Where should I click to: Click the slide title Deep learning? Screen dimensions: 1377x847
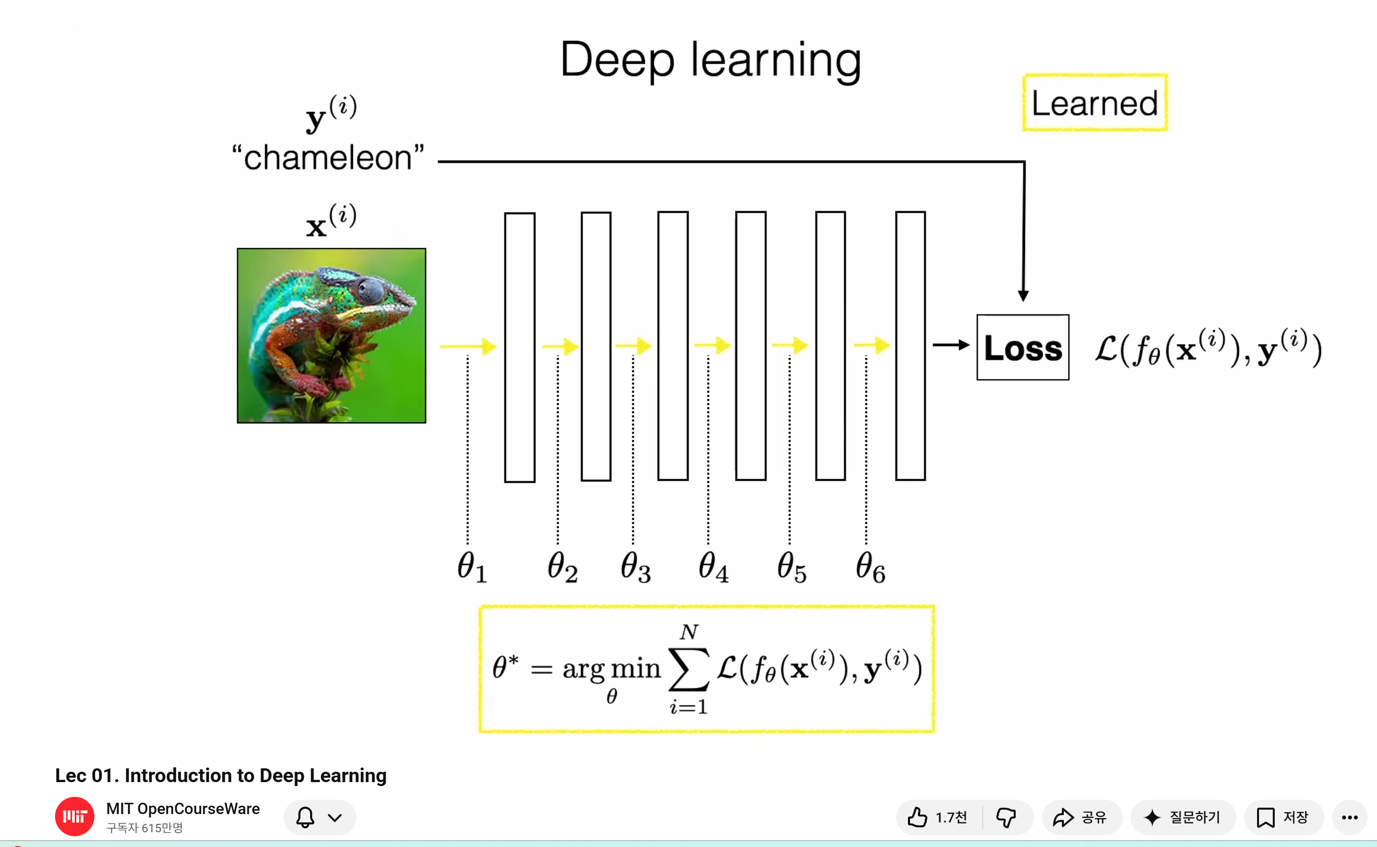coord(710,60)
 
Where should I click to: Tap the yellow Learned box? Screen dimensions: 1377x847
coord(1095,103)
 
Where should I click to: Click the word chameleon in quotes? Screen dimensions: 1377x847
coord(329,157)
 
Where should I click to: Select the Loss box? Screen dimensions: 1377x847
coord(1023,348)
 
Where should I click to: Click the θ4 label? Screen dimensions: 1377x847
coord(713,567)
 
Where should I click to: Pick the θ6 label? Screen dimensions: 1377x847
coord(870,567)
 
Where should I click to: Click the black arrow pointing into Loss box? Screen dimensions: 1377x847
coord(951,345)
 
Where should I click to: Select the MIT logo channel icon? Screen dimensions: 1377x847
coord(75,816)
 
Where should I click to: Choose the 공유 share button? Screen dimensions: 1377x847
coord(1081,818)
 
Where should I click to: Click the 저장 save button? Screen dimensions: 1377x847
coord(1283,818)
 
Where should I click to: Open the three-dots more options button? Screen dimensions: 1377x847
coord(1349,818)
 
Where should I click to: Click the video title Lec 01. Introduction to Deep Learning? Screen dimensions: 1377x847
coord(221,775)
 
